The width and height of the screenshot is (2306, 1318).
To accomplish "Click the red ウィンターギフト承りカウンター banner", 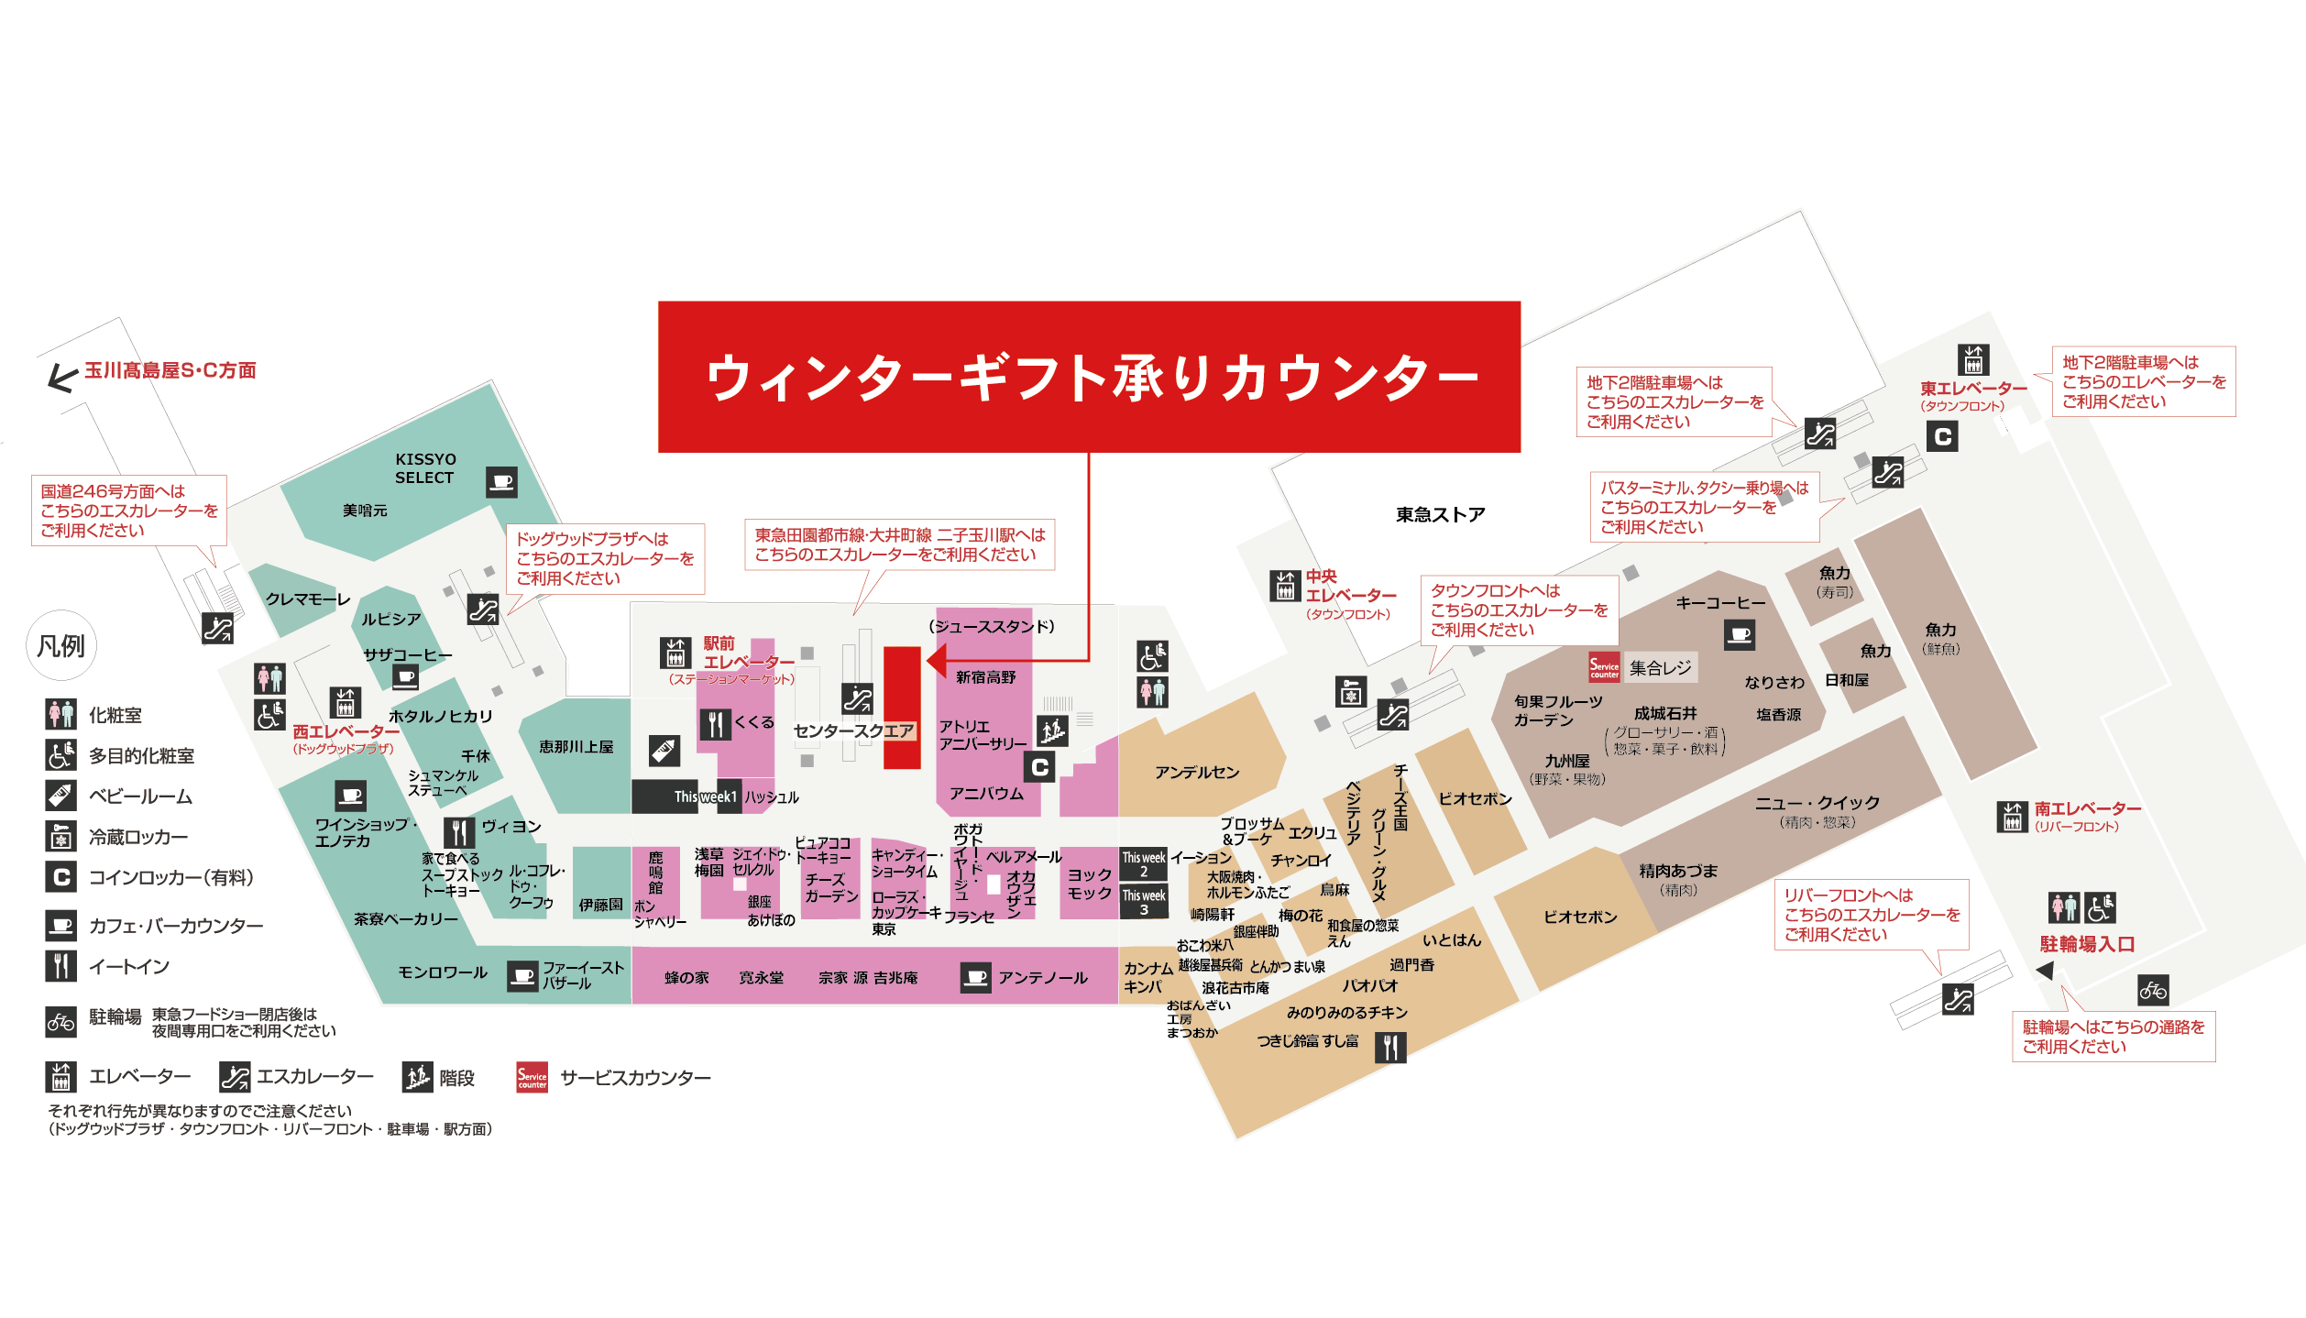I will (x=1089, y=377).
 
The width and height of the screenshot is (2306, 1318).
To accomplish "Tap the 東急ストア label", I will (x=1440, y=515).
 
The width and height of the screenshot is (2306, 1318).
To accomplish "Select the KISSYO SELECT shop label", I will (x=424, y=468).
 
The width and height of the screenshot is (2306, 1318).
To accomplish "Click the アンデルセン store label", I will (x=1197, y=773).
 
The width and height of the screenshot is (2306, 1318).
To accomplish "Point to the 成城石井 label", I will (x=1665, y=713).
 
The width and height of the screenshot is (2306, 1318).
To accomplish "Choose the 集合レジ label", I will (x=1660, y=668).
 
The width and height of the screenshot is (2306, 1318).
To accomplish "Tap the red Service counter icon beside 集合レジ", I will (x=1604, y=668).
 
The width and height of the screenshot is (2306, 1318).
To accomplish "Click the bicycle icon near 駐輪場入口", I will (x=2153, y=991).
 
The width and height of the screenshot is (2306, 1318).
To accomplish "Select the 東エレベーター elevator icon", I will (x=1973, y=359).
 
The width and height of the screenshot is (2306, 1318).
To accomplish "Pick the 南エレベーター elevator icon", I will (x=2012, y=817).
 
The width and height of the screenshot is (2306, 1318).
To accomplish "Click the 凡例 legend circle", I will (x=61, y=646).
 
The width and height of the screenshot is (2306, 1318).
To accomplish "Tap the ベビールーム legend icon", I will (x=61, y=796).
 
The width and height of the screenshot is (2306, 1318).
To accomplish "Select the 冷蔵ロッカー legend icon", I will (x=61, y=836).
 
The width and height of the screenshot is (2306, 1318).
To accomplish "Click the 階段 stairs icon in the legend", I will (x=417, y=1077).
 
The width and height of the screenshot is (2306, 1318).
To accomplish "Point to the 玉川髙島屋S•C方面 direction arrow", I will (x=62, y=377).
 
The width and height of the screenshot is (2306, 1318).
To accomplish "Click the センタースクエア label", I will (x=853, y=730).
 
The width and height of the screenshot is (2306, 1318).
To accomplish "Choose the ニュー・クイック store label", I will (x=1817, y=803).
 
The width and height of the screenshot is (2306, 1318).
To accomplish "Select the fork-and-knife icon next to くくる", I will (x=715, y=724).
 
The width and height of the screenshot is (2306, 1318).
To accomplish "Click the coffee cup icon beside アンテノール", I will (x=976, y=978).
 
